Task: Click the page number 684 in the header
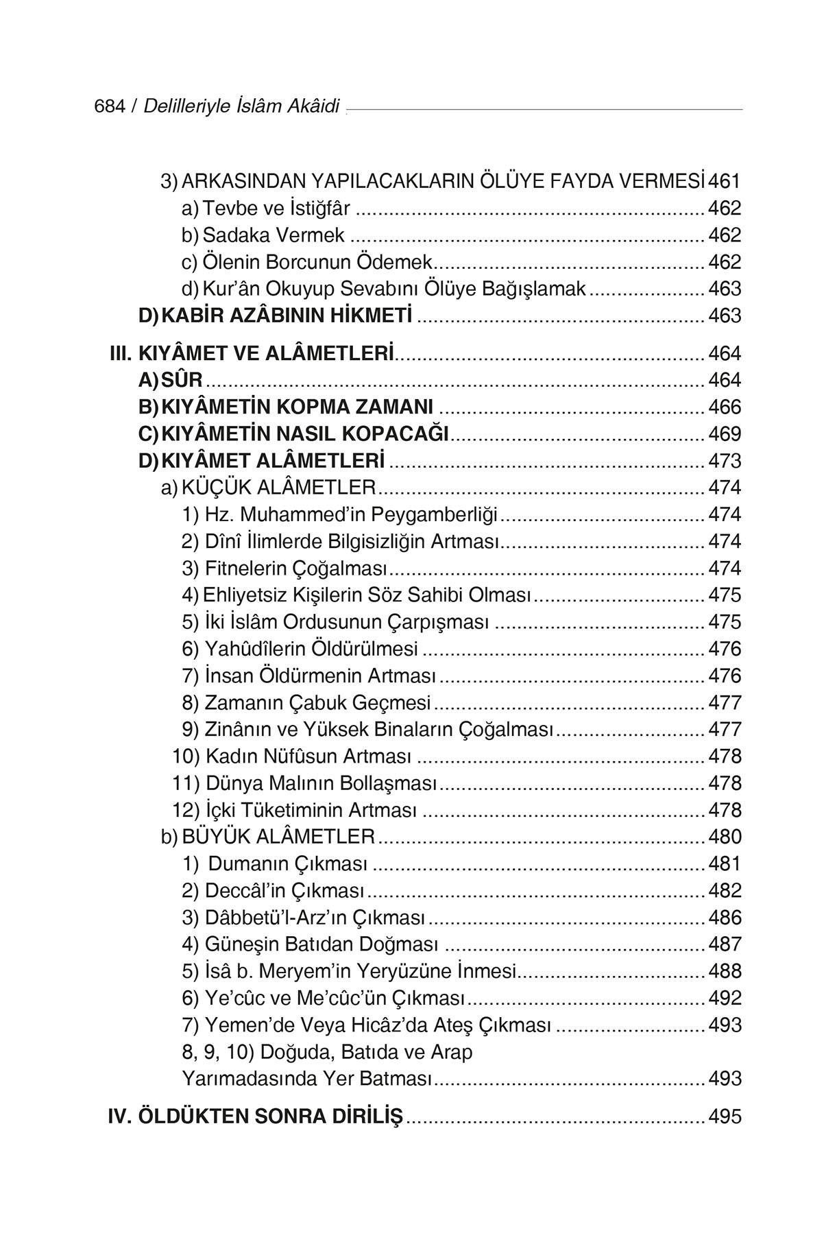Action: tap(109, 106)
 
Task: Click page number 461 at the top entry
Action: tap(725, 181)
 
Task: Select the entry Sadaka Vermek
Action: tap(274, 235)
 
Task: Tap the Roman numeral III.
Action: tap(121, 354)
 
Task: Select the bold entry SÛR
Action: tap(182, 380)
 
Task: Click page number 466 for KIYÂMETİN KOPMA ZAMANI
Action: tap(725, 407)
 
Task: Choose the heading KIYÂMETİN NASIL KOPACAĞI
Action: tap(305, 434)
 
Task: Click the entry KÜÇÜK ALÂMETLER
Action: tap(279, 488)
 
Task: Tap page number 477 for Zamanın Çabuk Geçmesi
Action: tap(725, 703)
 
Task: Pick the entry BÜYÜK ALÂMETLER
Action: tap(278, 837)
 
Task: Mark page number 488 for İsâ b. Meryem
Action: tap(725, 971)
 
